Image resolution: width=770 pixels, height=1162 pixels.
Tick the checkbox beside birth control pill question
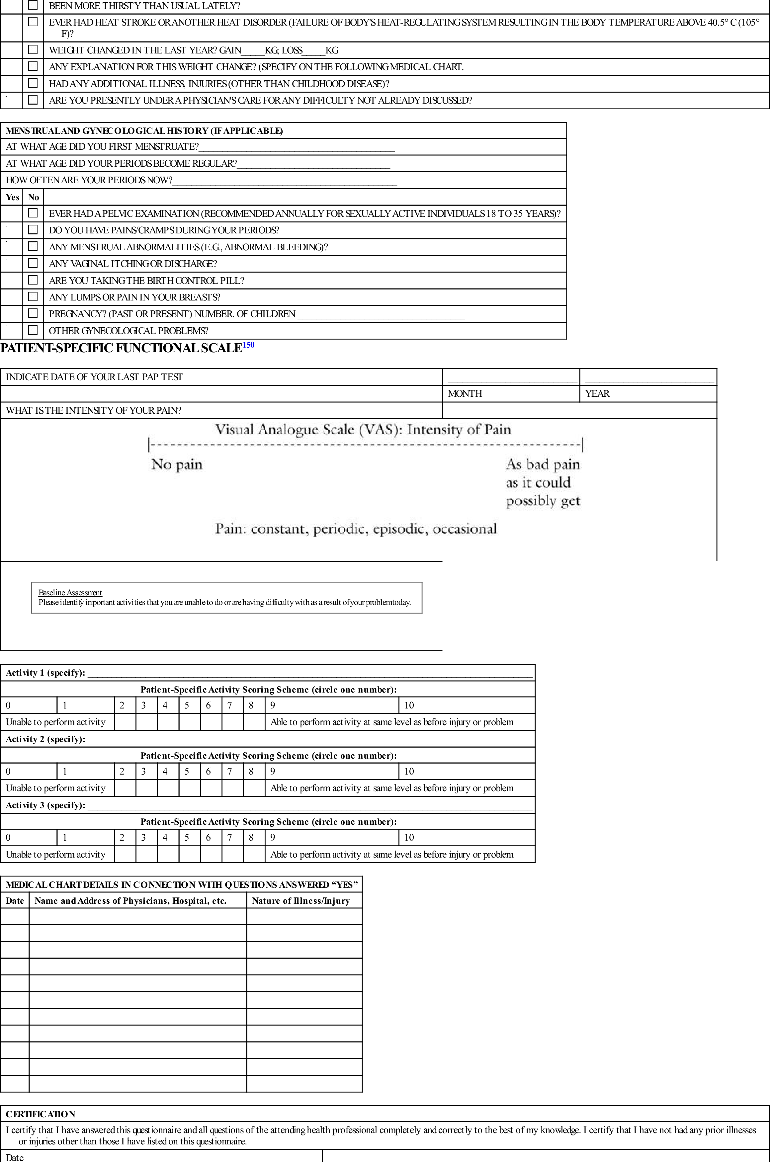(33, 280)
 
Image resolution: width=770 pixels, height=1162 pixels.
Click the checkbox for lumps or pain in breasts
(33, 296)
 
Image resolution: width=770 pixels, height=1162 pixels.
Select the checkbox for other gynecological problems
(33, 330)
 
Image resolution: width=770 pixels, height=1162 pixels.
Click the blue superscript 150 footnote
(248, 345)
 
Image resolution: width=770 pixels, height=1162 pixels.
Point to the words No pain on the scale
(177, 464)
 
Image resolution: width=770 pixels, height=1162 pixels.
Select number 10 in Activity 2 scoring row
(409, 771)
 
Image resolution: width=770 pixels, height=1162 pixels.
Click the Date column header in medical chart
(15, 901)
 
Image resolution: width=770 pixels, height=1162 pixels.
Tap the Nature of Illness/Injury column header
(300, 901)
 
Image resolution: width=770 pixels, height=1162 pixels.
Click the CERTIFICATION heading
(40, 1114)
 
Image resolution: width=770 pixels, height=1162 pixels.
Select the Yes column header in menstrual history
(12, 197)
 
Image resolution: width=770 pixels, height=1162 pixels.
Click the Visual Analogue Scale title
(363, 430)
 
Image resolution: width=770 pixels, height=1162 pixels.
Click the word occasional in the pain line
(465, 529)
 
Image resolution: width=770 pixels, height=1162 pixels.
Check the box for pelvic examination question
(33, 213)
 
